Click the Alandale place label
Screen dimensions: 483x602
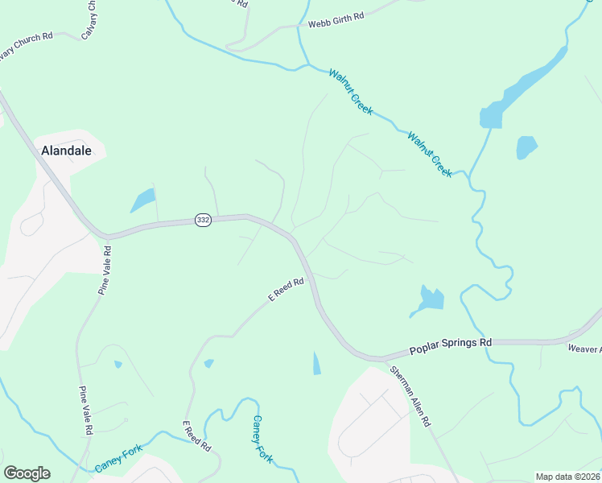click(66, 151)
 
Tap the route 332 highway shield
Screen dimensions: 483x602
click(203, 220)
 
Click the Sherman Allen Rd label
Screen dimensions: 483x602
click(410, 397)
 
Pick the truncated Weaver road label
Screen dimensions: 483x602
click(584, 349)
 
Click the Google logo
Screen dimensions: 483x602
click(27, 473)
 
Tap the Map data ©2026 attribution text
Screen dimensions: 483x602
click(568, 477)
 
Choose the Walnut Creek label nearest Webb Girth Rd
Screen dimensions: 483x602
click(350, 91)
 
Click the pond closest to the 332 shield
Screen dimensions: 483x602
click(142, 200)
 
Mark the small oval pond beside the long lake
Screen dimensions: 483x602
click(526, 147)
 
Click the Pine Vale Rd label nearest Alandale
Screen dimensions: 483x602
click(104, 270)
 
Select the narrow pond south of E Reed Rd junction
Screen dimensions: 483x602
click(316, 364)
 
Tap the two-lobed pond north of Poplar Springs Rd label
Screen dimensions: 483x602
click(430, 299)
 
